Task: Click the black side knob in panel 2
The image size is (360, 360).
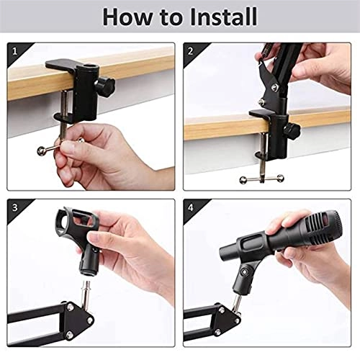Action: click(x=292, y=132)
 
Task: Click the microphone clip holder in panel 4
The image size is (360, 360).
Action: click(x=248, y=276)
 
